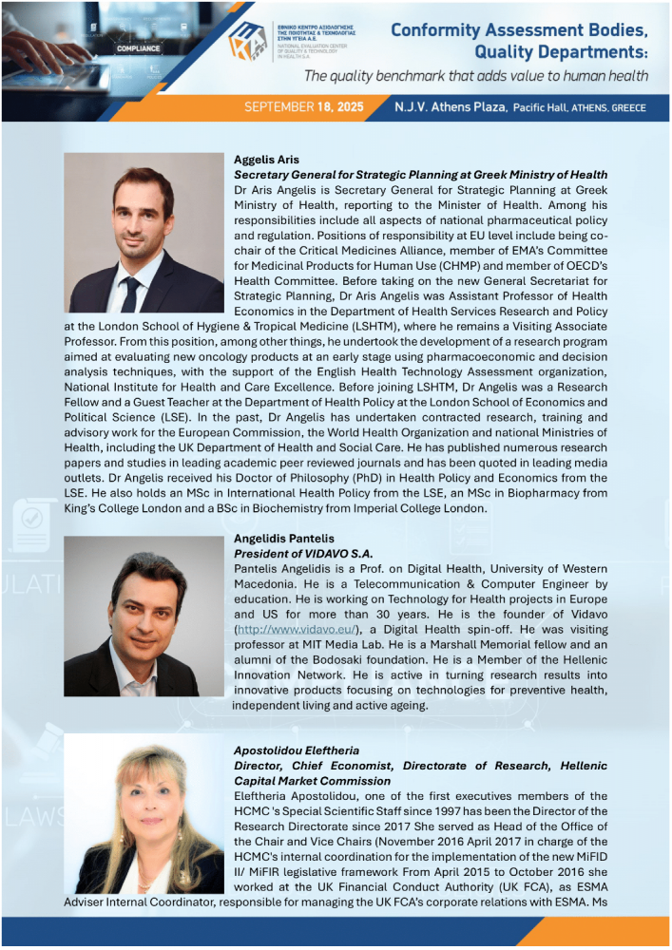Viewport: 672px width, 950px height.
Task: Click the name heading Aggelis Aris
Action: click(x=265, y=160)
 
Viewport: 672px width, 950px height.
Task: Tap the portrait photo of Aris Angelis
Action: click(x=144, y=233)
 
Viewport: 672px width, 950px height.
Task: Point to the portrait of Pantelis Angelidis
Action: click(x=144, y=616)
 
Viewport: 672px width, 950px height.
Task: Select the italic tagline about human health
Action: click(x=476, y=76)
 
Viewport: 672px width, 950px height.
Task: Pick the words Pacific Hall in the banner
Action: click(x=546, y=108)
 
